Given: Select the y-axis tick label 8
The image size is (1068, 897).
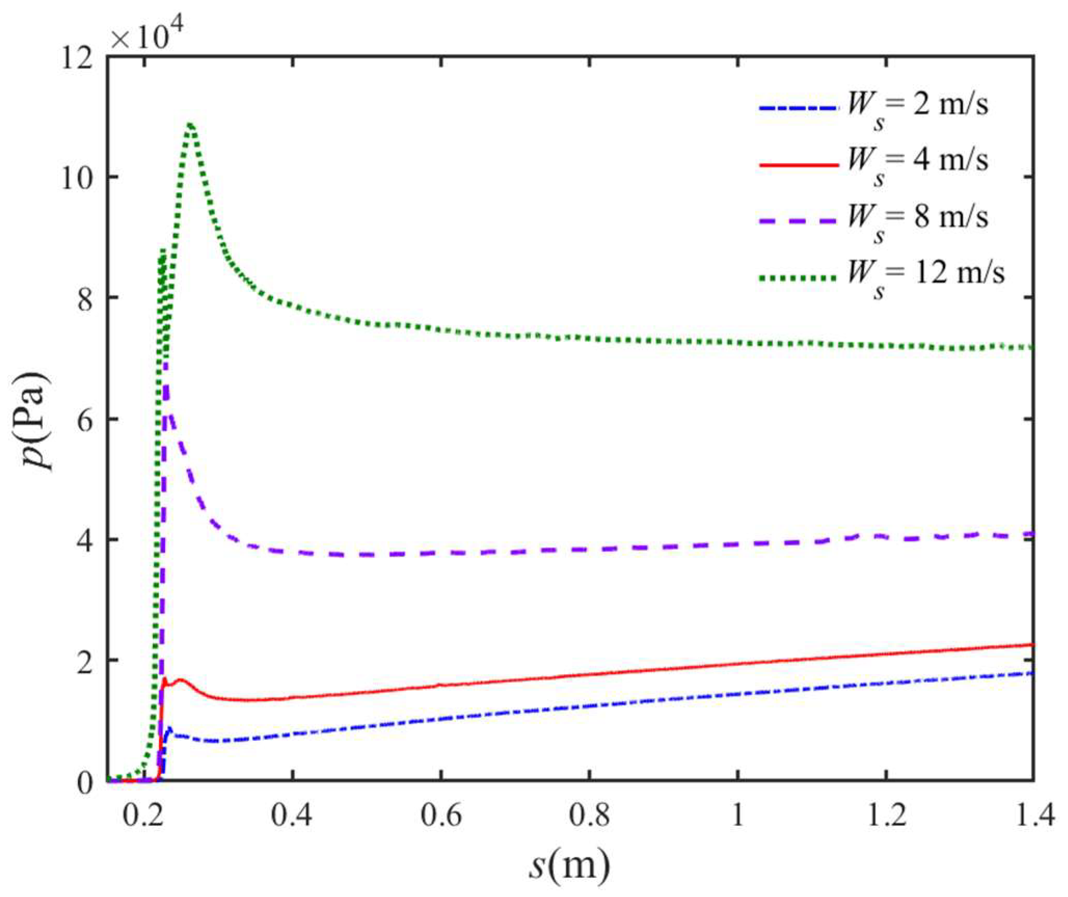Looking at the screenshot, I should coord(86,298).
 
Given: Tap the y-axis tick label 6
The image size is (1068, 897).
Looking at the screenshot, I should coord(86,419).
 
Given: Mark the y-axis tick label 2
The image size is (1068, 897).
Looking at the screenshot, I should coord(86,660).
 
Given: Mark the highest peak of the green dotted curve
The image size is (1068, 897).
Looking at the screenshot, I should coord(191,125).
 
